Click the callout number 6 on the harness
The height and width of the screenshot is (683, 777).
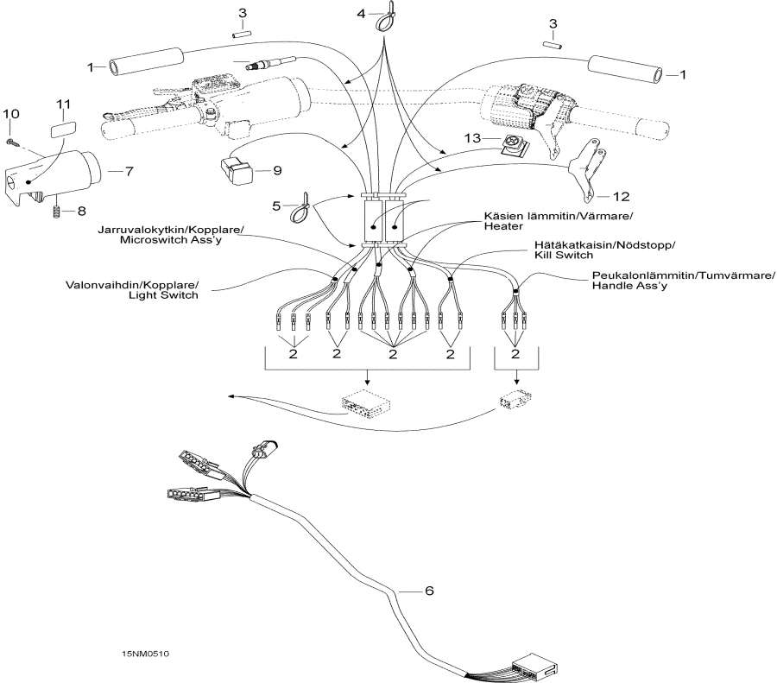[429, 591]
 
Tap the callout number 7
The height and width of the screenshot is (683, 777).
[129, 171]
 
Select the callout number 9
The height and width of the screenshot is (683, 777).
[277, 170]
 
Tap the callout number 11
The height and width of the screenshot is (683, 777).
[63, 104]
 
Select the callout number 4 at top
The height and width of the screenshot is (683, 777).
[362, 13]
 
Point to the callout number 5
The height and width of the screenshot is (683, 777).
[277, 206]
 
